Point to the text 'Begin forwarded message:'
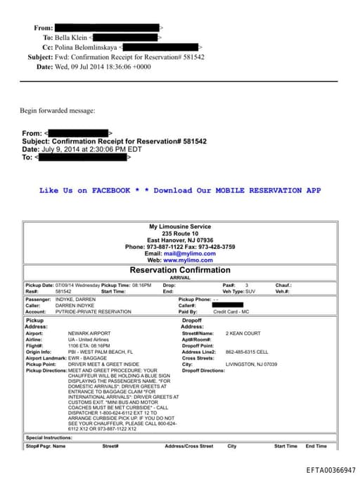coord(57,110)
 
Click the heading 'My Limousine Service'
coord(179,227)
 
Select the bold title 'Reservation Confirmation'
coord(179,270)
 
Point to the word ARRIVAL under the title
coord(180,278)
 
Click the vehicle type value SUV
coord(250,291)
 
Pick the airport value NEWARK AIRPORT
coord(88,333)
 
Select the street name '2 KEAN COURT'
coord(243,333)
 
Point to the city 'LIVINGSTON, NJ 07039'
coord(251,364)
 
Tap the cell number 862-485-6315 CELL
coord(247,352)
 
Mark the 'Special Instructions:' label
coord(49,438)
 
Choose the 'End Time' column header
coord(316,446)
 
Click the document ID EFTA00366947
coord(330,469)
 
